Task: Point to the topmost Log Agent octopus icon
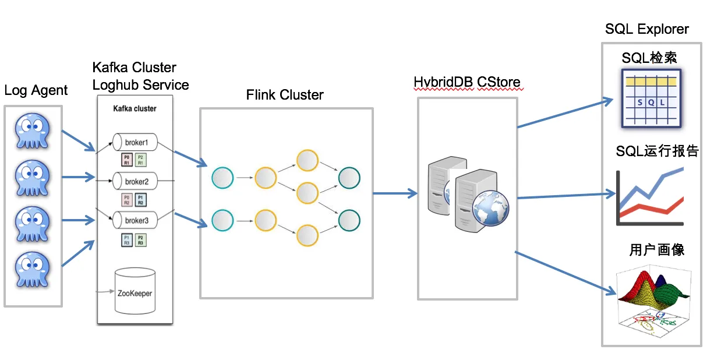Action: point(32,132)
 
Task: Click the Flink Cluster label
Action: point(285,95)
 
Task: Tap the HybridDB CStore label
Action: point(467,82)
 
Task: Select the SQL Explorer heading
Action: point(646,29)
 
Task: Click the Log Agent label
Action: point(36,90)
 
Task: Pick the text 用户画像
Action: point(656,250)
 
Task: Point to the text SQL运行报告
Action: point(657,151)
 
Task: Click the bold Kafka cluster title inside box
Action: point(135,109)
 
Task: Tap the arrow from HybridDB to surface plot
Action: point(565,271)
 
